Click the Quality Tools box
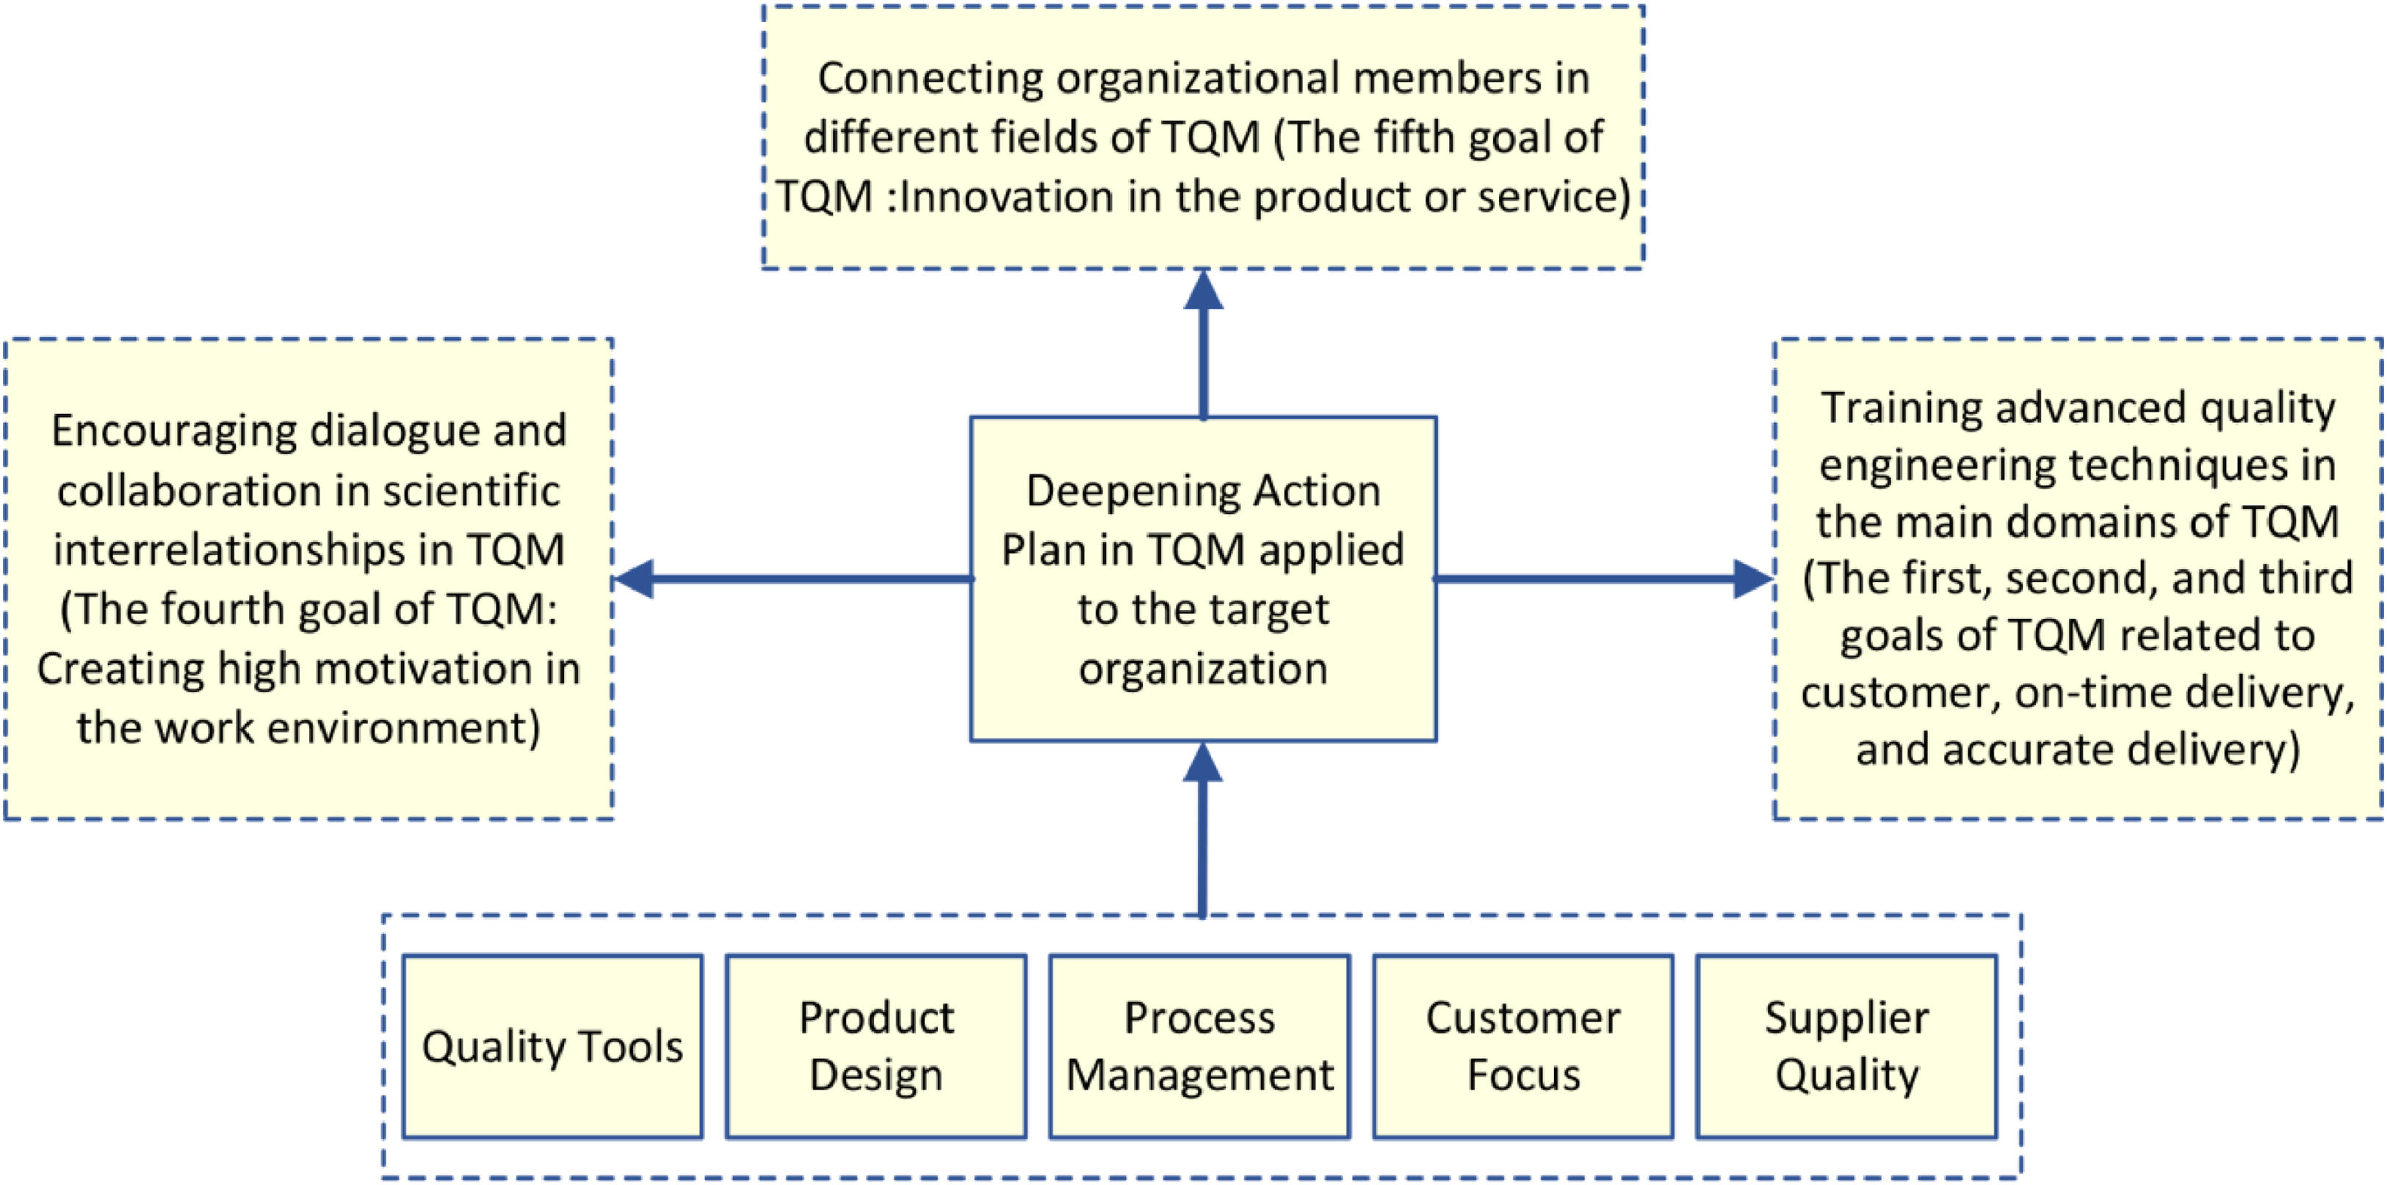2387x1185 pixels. click(x=552, y=1046)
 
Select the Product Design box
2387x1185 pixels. click(x=875, y=1046)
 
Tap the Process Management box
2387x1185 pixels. click(x=1199, y=1046)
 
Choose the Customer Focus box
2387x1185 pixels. click(x=1523, y=1046)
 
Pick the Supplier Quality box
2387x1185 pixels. click(x=1846, y=1046)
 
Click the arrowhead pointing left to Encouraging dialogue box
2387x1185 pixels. click(x=635, y=579)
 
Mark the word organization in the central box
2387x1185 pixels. click(x=1203, y=668)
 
